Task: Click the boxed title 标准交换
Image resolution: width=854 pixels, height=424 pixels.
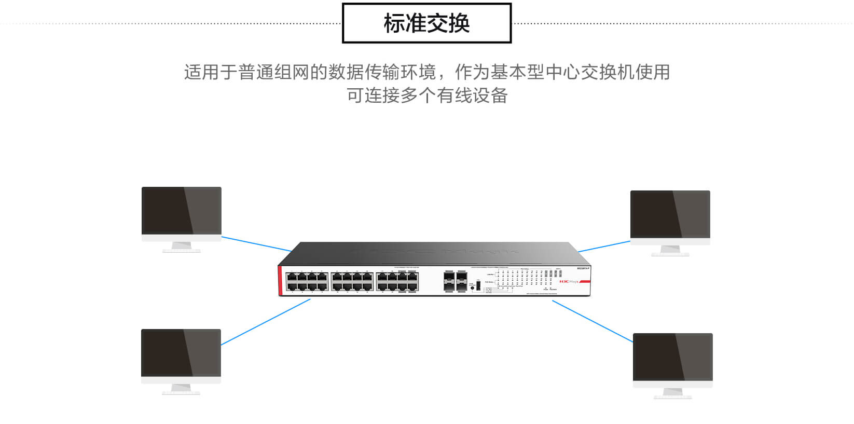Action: click(x=426, y=23)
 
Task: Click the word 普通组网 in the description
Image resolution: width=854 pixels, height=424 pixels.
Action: click(x=273, y=72)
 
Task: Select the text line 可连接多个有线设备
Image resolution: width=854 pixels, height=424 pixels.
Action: click(x=426, y=95)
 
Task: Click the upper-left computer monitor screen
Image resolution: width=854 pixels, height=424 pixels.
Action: click(x=182, y=211)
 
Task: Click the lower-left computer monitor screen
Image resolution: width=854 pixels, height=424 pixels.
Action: click(x=181, y=353)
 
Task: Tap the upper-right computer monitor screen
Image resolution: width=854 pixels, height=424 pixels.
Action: click(x=670, y=214)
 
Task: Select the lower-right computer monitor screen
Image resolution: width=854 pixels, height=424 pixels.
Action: click(x=672, y=357)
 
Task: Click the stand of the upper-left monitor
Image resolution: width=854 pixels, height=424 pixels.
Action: click(x=181, y=247)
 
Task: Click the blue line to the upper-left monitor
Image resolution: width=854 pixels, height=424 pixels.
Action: click(x=256, y=244)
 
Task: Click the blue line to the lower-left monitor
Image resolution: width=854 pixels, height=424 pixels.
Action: click(x=265, y=322)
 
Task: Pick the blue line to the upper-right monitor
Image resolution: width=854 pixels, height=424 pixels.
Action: click(x=604, y=247)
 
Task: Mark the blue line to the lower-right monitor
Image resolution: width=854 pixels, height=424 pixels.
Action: click(x=592, y=321)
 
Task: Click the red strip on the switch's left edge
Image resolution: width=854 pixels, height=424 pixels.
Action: click(x=281, y=281)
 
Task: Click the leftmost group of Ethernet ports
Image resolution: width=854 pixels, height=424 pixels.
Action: click(x=307, y=281)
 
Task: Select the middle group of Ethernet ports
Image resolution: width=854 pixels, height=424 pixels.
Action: click(x=352, y=281)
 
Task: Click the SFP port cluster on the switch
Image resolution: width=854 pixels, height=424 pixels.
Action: click(x=455, y=281)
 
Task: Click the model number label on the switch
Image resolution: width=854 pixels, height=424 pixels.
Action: click(x=583, y=268)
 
